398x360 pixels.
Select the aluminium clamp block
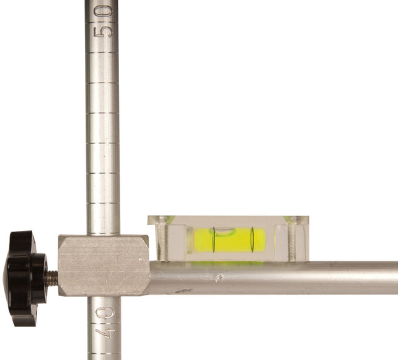pos(103,264)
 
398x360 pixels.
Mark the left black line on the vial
pos(213,240)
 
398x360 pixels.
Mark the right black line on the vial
pos(252,240)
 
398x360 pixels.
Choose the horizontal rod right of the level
pos(353,277)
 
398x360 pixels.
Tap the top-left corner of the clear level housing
pos(150,217)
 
